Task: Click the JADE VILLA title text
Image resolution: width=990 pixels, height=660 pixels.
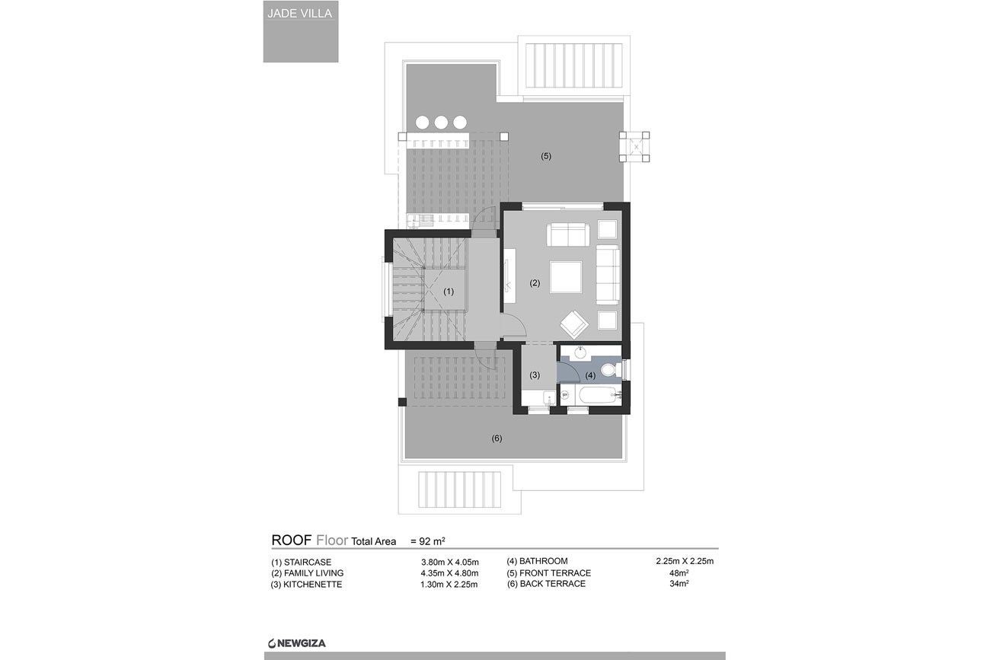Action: tap(299, 13)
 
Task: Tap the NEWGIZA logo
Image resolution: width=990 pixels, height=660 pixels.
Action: tap(296, 643)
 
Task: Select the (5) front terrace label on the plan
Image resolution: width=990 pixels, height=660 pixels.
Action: tap(546, 156)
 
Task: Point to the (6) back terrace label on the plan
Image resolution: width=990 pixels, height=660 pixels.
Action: tap(497, 438)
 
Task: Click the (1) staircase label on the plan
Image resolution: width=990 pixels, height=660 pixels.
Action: tap(449, 292)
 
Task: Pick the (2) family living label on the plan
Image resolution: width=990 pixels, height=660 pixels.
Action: tap(535, 283)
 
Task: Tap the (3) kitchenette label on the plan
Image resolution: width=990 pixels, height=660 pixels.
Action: tap(535, 375)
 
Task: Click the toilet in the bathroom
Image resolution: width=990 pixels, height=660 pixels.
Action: tap(611, 369)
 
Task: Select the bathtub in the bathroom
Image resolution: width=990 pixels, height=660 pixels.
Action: tap(598, 395)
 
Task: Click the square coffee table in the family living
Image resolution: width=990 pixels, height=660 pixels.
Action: tap(566, 276)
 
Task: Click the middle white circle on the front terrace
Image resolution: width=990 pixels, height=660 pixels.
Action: tap(441, 123)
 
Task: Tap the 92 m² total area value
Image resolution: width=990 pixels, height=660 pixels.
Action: tap(427, 541)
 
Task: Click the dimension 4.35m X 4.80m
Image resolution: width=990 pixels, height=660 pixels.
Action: tap(449, 573)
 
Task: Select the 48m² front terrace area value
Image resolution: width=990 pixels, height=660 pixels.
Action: tap(679, 573)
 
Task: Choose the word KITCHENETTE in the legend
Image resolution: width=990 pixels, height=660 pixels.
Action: tap(312, 585)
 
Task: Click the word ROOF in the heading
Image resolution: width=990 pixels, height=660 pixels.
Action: tap(292, 540)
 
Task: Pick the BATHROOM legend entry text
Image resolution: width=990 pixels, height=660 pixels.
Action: tap(544, 561)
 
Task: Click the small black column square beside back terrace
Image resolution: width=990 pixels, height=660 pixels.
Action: tap(402, 402)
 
